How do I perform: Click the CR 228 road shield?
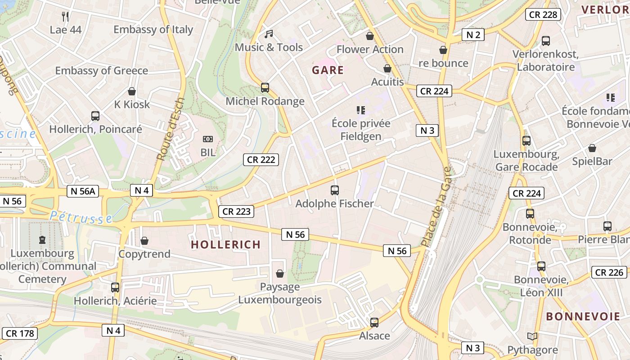click(x=543, y=14)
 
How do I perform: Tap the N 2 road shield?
click(x=473, y=35)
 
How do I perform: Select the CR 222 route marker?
click(x=261, y=159)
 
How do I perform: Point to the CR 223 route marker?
click(x=236, y=211)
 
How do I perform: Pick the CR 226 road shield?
click(x=609, y=272)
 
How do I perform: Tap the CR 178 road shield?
click(x=19, y=333)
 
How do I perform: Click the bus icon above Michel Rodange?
click(x=265, y=88)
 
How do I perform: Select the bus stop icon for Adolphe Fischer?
click(x=334, y=190)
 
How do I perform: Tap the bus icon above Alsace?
click(x=374, y=323)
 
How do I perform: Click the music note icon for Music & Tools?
click(x=269, y=34)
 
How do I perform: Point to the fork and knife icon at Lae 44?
click(x=66, y=17)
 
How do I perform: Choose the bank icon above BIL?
click(x=207, y=139)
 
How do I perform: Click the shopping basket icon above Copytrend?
click(x=144, y=241)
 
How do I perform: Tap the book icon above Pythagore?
click(x=532, y=337)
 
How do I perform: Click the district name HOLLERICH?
click(x=225, y=245)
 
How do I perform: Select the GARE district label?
click(x=328, y=70)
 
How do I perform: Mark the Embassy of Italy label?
click(x=153, y=30)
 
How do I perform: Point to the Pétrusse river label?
click(x=81, y=217)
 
